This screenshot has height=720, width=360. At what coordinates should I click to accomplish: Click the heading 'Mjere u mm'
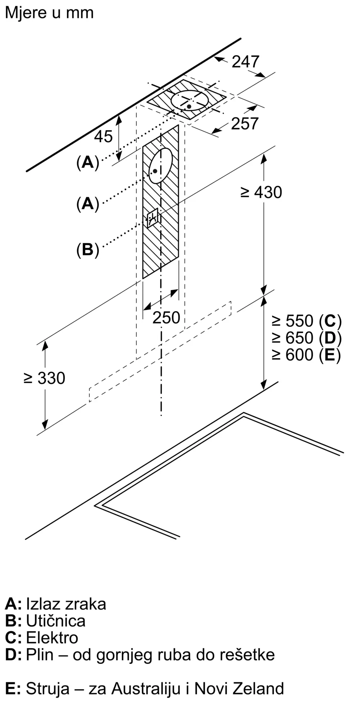click(49, 13)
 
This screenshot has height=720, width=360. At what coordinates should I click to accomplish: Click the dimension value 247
click(246, 62)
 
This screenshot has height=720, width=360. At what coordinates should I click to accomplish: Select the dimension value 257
click(245, 123)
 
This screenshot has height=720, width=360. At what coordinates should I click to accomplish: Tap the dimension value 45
click(103, 136)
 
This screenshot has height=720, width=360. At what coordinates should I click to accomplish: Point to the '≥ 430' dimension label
click(261, 192)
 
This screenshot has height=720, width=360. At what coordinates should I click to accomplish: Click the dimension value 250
click(166, 318)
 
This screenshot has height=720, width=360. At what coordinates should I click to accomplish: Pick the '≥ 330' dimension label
click(44, 378)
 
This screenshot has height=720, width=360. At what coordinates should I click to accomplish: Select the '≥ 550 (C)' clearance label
click(306, 321)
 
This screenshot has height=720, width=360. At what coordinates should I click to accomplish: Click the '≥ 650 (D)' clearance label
click(306, 338)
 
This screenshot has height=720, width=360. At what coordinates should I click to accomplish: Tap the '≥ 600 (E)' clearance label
click(306, 355)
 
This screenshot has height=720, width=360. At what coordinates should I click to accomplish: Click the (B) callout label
click(87, 249)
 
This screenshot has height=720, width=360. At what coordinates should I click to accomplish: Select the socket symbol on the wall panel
click(152, 218)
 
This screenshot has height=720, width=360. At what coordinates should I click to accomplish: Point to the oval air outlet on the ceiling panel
click(190, 100)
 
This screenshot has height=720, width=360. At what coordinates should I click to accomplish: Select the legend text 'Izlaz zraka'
click(66, 604)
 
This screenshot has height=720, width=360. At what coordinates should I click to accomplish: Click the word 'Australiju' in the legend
click(146, 688)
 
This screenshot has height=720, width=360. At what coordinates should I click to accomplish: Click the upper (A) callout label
click(87, 163)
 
